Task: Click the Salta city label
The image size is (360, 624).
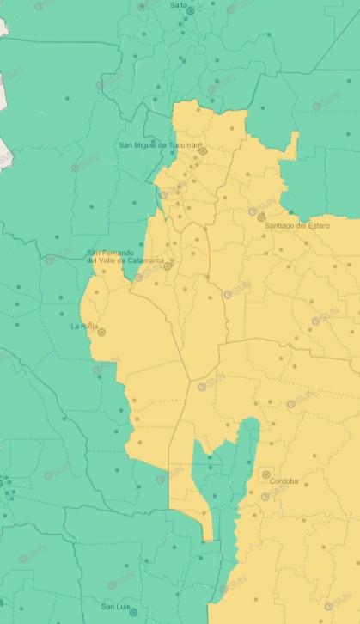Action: [x=178, y=4]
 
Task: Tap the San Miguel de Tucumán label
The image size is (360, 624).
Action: [x=159, y=144]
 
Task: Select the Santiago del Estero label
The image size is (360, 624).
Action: [x=297, y=225]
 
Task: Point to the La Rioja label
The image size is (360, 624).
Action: [x=83, y=327]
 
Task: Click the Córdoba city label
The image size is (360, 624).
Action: [x=284, y=481]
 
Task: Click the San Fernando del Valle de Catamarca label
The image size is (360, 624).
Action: [x=125, y=256]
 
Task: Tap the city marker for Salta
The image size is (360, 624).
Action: [x=190, y=10]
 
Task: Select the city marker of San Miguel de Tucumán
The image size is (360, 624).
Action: [x=204, y=151]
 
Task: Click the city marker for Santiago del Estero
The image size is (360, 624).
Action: [x=260, y=217]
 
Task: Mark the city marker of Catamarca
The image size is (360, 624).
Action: [x=168, y=266]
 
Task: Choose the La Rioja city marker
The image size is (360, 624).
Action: [x=101, y=332]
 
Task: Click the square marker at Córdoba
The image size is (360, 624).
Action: [x=266, y=474]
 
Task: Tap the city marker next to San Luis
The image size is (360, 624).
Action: [x=135, y=609]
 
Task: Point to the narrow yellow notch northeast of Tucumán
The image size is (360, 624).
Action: [x=294, y=144]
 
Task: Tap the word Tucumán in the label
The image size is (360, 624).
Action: [x=185, y=144]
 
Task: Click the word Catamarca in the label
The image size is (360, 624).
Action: [x=143, y=260]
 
